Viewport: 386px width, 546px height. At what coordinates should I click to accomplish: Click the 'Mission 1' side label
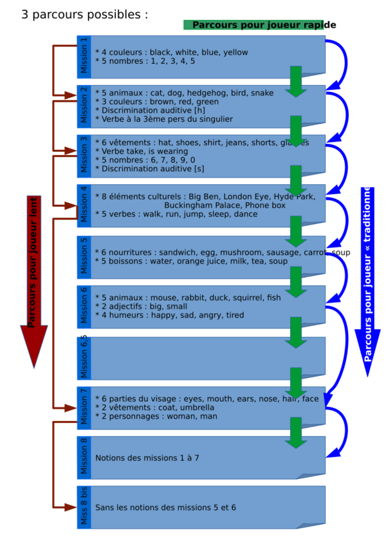pyautogui.click(x=84, y=57)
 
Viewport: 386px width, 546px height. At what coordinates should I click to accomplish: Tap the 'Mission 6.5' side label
pyautogui.click(x=84, y=357)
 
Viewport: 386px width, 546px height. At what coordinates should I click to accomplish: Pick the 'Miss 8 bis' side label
pyautogui.click(x=84, y=507)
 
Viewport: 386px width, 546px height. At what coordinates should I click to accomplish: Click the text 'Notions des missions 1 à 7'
pyautogui.click(x=147, y=458)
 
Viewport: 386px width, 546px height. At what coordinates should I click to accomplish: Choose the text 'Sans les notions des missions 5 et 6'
pyautogui.click(x=165, y=507)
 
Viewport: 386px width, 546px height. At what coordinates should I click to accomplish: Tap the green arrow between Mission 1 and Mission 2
pyautogui.click(x=296, y=81)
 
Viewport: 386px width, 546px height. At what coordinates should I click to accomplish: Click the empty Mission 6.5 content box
pyautogui.click(x=206, y=357)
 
